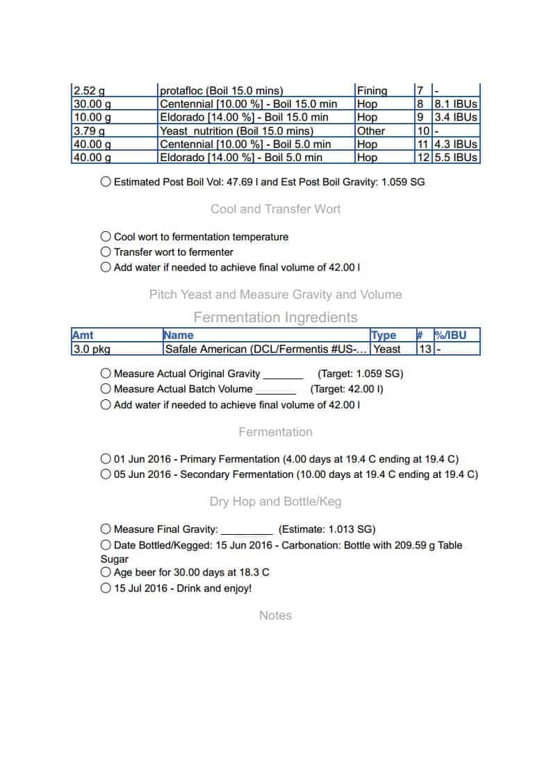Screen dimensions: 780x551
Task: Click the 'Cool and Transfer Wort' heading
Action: [x=275, y=209]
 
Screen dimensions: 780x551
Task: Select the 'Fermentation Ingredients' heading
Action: [x=275, y=317]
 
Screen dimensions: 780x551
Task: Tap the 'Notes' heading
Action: [x=275, y=615]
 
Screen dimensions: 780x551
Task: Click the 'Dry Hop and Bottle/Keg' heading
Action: [x=275, y=501]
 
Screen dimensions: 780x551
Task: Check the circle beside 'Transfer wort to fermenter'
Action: [x=106, y=252]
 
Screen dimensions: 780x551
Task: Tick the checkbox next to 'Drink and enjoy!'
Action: [x=106, y=588]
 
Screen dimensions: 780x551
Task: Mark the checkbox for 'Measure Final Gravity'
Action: [x=106, y=529]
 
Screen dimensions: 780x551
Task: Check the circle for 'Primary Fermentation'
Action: [x=106, y=459]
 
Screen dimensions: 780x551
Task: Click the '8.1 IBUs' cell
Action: [x=456, y=104]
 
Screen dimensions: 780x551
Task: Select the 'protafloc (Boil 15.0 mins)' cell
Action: [x=221, y=91]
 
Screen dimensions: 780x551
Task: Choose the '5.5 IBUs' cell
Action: [x=456, y=158]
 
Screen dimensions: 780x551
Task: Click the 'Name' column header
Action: [x=179, y=335]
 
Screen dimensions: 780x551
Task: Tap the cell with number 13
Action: [x=424, y=349]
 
